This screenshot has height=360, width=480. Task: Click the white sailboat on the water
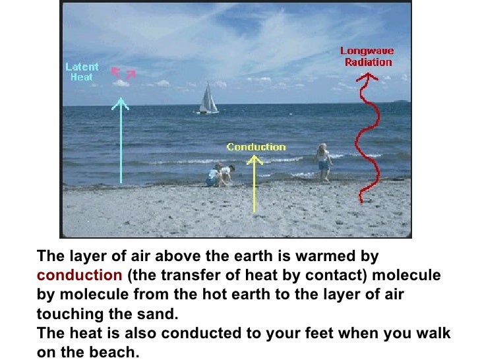(208, 99)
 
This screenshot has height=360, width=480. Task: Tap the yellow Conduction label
(256, 147)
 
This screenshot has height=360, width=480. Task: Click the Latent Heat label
(82, 71)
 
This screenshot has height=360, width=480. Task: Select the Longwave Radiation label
(367, 56)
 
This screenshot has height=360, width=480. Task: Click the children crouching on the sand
(220, 175)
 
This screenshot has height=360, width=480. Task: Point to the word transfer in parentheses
(174, 274)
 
